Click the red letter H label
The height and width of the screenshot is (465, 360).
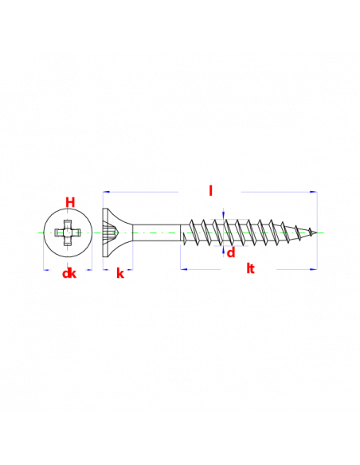[70, 202]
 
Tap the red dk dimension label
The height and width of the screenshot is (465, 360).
[69, 273]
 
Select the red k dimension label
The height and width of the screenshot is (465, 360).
[120, 273]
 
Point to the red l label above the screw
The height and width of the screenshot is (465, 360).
[210, 190]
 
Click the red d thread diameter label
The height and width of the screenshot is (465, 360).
[231, 253]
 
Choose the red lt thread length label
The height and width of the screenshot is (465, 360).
[251, 268]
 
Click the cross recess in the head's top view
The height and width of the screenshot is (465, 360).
[68, 232]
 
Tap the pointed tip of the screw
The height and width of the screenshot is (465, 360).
[317, 232]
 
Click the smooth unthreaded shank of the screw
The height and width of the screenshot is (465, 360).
[156, 232]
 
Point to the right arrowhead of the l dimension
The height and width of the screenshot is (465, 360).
[314, 192]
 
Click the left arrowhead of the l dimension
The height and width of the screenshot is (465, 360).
[106, 192]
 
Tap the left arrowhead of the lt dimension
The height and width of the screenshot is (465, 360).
[184, 269]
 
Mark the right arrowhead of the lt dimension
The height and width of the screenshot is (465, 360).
[314, 269]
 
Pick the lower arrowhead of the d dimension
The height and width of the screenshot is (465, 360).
[223, 250]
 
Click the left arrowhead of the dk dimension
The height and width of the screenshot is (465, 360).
[46, 270]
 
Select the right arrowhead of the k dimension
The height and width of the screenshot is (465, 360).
[130, 270]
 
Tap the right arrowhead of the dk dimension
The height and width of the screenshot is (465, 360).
[89, 270]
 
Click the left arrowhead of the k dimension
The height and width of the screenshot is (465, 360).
[105, 270]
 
